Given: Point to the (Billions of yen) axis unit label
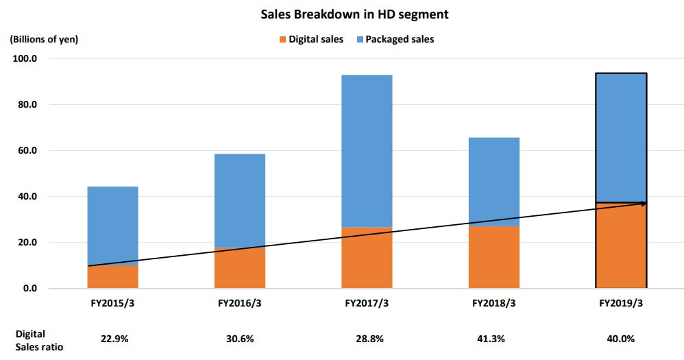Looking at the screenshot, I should click(44, 39).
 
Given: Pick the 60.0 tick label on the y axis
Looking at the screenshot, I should click(27, 151).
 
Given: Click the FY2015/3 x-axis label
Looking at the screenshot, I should click(112, 302).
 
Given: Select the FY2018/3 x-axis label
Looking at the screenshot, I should click(493, 302).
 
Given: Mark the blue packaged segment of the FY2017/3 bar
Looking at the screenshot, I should click(366, 151).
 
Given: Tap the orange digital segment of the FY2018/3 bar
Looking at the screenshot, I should click(493, 257).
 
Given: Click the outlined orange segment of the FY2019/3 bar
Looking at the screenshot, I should click(620, 247).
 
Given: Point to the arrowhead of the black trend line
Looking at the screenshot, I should click(643, 203).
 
